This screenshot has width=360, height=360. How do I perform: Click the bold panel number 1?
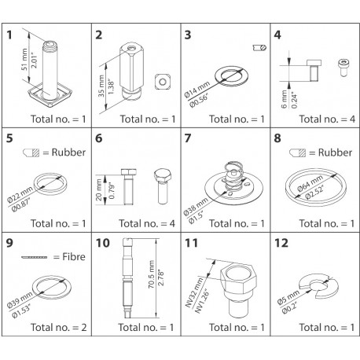tap(11, 35)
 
